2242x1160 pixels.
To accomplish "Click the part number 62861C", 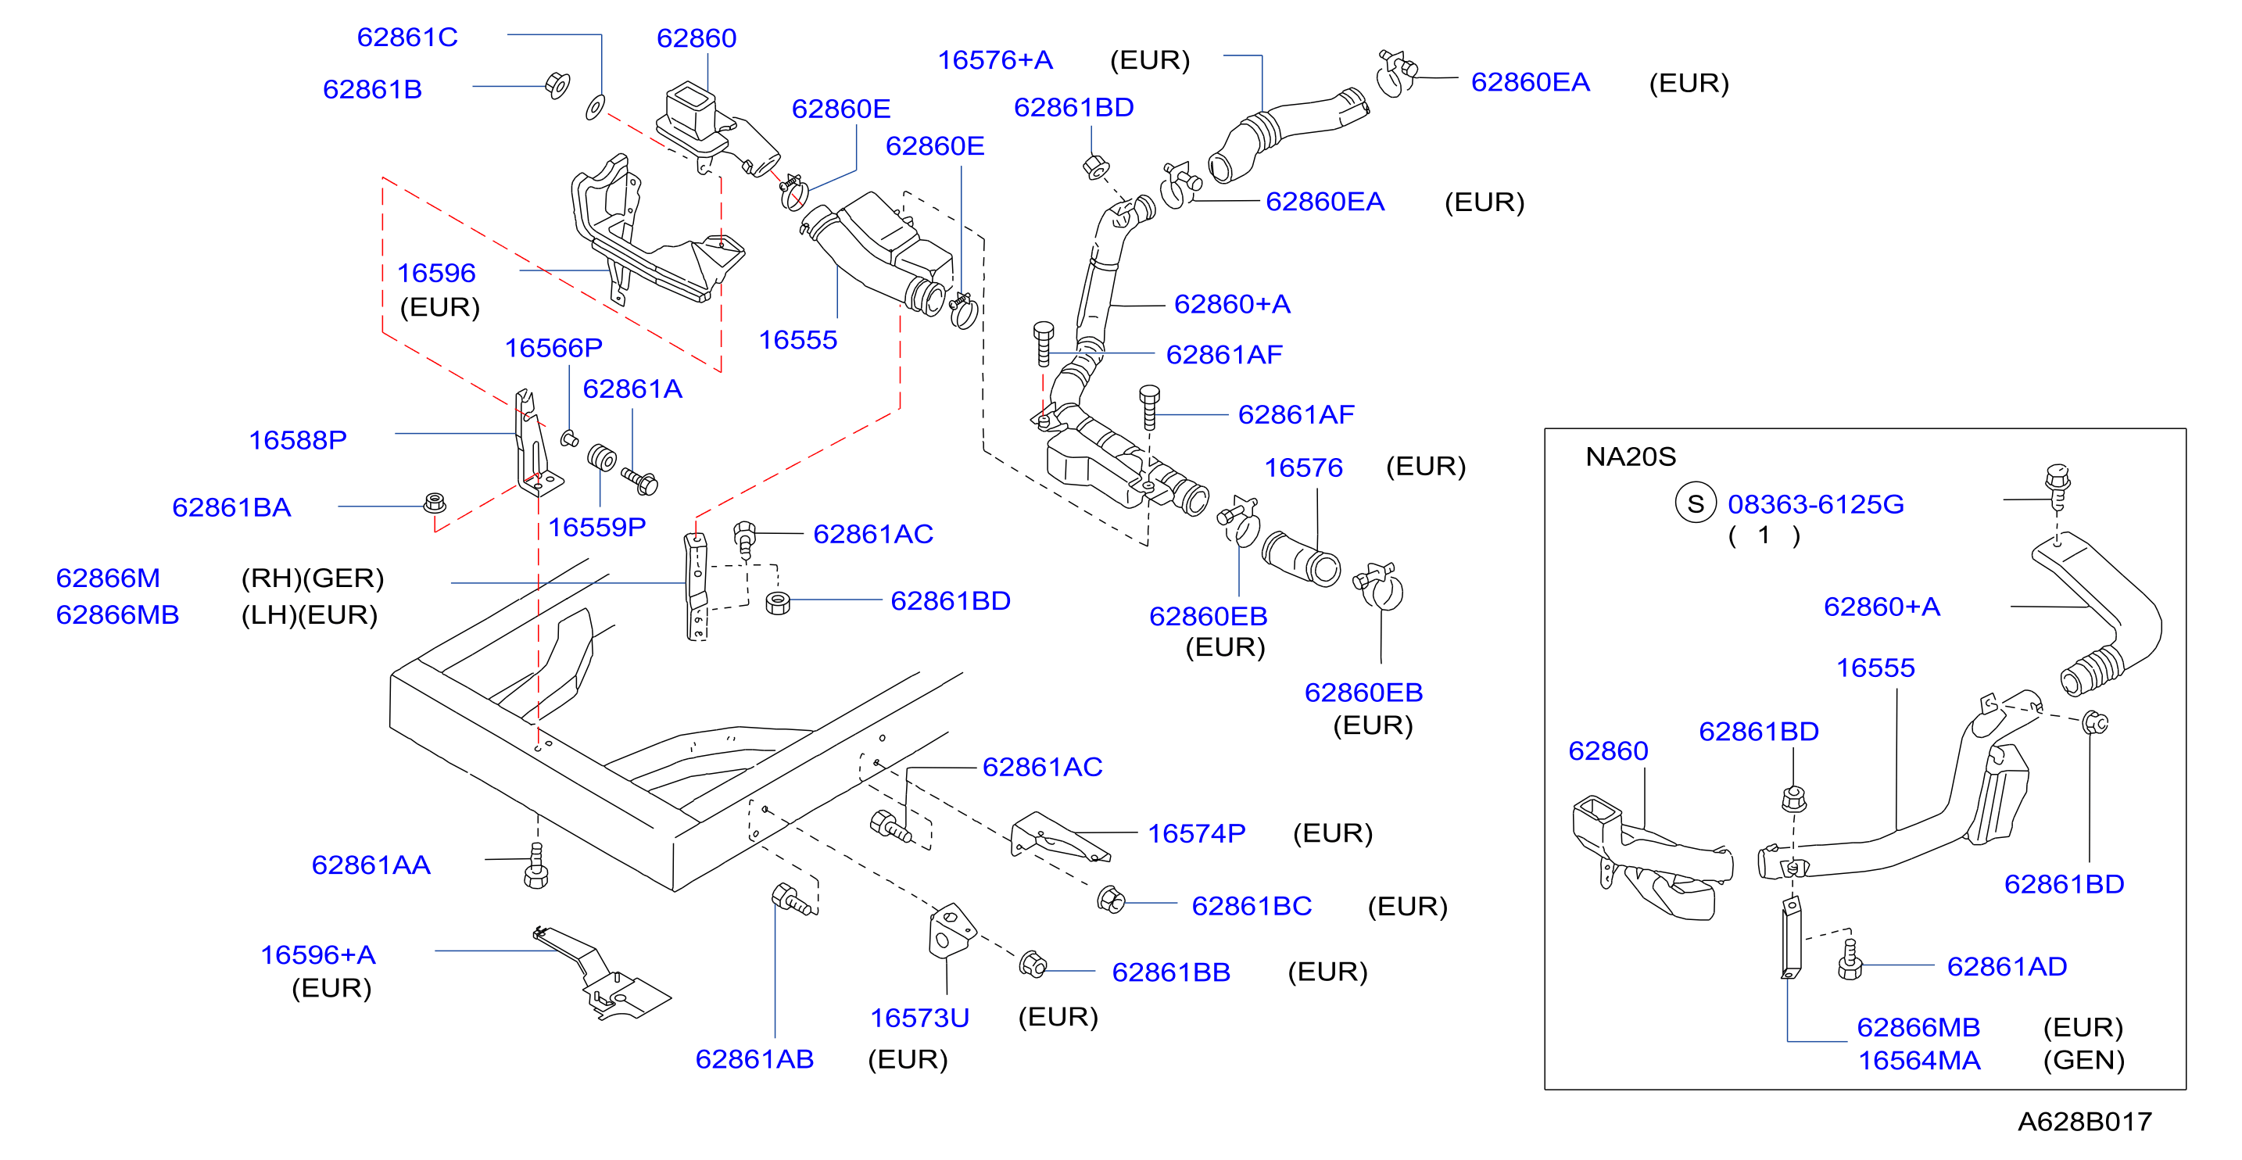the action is [407, 38].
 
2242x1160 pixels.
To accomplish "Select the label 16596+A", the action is [317, 954].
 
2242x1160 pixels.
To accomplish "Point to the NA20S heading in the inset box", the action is [1630, 456].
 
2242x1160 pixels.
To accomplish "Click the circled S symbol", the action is [1696, 504].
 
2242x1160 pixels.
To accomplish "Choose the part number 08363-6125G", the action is [1815, 504].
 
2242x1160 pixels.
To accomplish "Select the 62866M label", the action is [108, 578].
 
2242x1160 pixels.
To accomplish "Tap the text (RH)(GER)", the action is [313, 578].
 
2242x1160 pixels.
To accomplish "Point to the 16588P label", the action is [298, 440].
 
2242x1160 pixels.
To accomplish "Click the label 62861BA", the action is [231, 507].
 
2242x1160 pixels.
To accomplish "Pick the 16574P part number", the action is [1197, 834].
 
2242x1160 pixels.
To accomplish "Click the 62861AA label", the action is [371, 865].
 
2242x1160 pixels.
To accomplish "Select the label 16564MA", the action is [1919, 1061].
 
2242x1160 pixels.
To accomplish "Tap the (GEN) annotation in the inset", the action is [2083, 1060].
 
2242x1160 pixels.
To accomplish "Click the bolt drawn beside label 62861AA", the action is [536, 866].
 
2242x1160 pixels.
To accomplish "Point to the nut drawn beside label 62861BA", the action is [435, 503].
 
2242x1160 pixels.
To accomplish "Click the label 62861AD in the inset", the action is [2007, 966].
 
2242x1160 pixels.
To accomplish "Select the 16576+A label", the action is [995, 60].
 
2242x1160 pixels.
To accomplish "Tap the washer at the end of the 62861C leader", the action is [596, 108].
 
